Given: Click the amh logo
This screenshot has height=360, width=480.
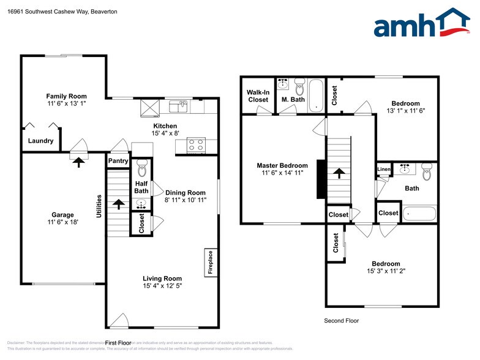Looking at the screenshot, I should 422,24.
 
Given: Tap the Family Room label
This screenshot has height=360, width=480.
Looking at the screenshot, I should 67,96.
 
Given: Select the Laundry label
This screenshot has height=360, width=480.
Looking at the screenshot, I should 41,141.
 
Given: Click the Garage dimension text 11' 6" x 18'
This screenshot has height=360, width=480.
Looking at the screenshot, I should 62,223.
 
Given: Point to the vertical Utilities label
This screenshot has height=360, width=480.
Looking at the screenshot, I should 99,206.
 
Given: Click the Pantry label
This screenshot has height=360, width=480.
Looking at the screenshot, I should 118,161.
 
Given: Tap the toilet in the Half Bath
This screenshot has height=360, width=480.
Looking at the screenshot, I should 141,167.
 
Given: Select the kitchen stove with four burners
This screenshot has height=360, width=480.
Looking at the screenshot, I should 195,145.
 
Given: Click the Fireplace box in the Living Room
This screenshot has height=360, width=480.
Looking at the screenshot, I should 209,263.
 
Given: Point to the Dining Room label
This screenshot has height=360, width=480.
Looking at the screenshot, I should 185,192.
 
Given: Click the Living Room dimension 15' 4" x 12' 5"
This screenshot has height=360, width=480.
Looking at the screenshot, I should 162,285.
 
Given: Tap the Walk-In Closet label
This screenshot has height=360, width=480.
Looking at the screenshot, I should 258,96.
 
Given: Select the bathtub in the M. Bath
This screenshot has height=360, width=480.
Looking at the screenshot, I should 316,96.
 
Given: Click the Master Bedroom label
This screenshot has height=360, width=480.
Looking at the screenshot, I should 282,165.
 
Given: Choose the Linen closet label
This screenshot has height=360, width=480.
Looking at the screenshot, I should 383,170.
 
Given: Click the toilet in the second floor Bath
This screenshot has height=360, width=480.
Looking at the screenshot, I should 427,173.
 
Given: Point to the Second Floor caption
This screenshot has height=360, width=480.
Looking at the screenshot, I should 341,321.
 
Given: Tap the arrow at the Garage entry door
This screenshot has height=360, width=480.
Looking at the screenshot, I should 78,162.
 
